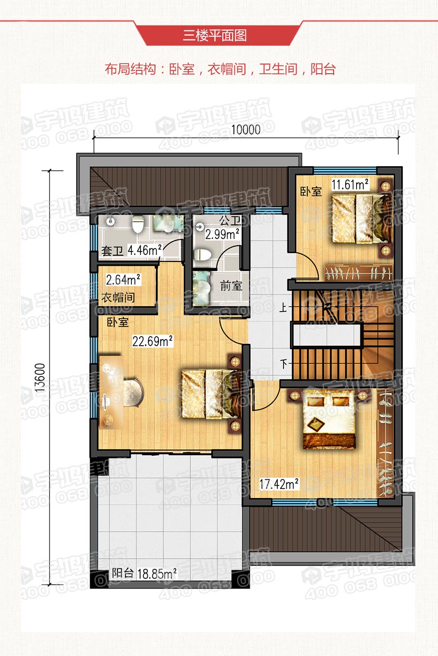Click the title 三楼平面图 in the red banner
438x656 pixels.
point(215,36)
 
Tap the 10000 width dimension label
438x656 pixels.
point(246,130)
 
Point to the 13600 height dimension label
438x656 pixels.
point(40,378)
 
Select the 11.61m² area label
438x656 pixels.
point(350,184)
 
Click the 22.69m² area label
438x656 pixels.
point(153,341)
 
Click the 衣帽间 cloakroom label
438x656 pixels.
point(118,298)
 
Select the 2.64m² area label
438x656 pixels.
point(123,280)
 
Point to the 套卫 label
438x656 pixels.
point(112,251)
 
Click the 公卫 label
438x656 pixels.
point(230,221)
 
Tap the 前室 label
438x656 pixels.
point(231,286)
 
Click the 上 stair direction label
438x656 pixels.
point(283,307)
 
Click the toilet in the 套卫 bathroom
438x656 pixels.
point(138,224)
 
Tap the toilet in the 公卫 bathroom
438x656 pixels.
point(202,254)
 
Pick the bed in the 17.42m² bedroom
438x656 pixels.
point(329,419)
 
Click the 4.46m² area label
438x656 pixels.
point(144,250)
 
